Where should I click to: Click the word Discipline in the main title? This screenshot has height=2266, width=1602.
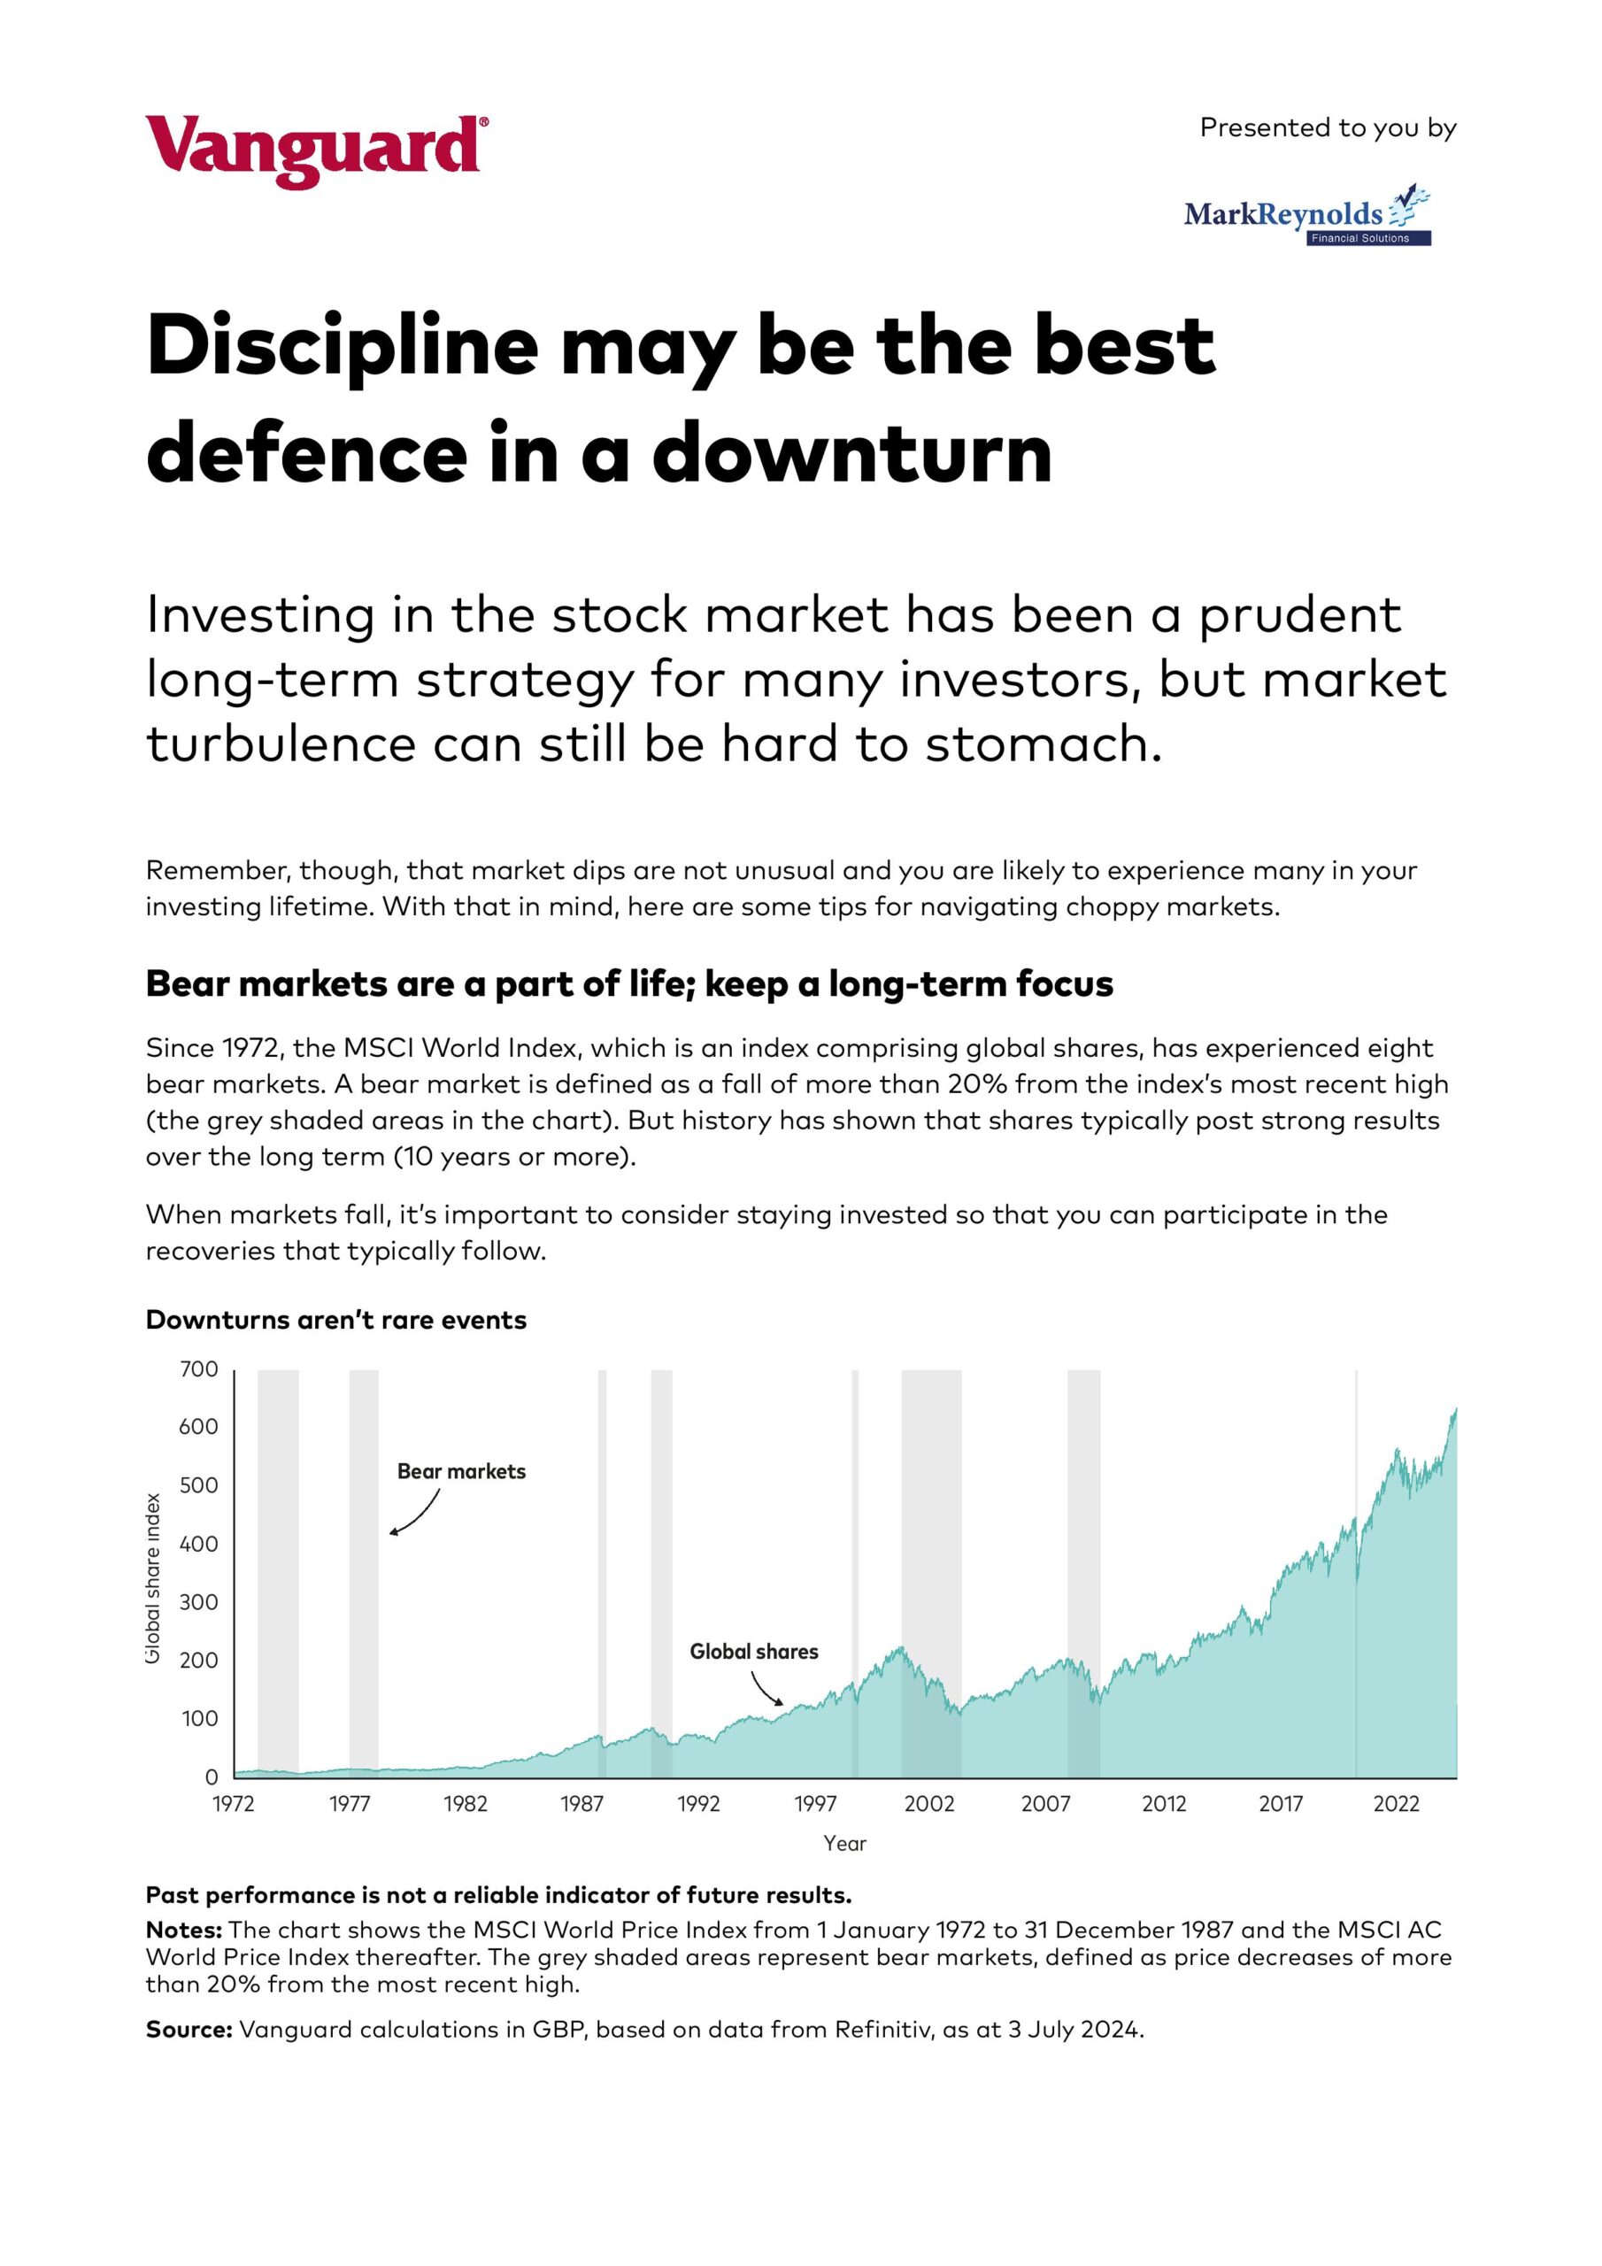pyautogui.click(x=342, y=347)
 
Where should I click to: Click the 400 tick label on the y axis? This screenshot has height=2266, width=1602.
pyautogui.click(x=198, y=1545)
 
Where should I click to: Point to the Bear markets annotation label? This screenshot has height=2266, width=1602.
pyautogui.click(x=461, y=1471)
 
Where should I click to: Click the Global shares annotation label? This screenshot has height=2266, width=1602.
pyautogui.click(x=753, y=1652)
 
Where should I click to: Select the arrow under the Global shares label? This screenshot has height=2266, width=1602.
pyautogui.click(x=766, y=1689)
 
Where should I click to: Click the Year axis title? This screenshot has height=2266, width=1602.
pyautogui.click(x=845, y=1844)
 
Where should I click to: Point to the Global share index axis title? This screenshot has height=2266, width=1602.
pyautogui.click(x=153, y=1578)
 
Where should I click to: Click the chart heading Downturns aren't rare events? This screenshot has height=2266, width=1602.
pyautogui.click(x=335, y=1321)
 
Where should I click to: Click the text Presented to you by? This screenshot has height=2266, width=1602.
pyautogui.click(x=1328, y=128)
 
